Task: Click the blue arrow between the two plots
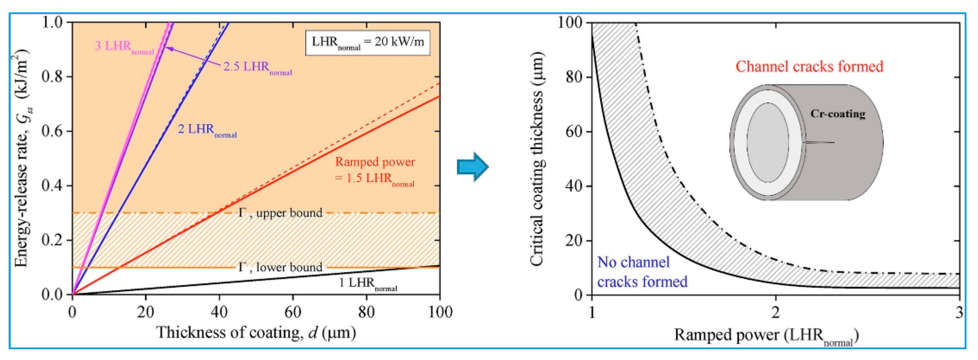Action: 472,167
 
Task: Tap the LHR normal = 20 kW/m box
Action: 367,43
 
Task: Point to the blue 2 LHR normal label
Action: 207,130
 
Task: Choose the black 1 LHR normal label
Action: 367,284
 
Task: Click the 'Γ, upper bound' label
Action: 280,213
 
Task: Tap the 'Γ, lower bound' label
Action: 280,267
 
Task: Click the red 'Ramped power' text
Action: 375,162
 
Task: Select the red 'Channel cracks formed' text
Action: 809,67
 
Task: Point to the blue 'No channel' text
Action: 633,262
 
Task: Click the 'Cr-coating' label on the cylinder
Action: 837,114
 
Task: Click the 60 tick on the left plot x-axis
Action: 292,312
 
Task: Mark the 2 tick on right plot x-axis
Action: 775,312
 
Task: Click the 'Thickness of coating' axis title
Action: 256,333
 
